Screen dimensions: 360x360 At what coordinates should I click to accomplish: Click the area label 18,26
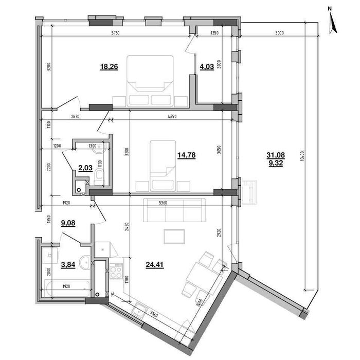109,66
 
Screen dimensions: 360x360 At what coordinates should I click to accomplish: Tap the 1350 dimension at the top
215,33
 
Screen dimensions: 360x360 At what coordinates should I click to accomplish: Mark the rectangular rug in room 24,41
174,236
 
